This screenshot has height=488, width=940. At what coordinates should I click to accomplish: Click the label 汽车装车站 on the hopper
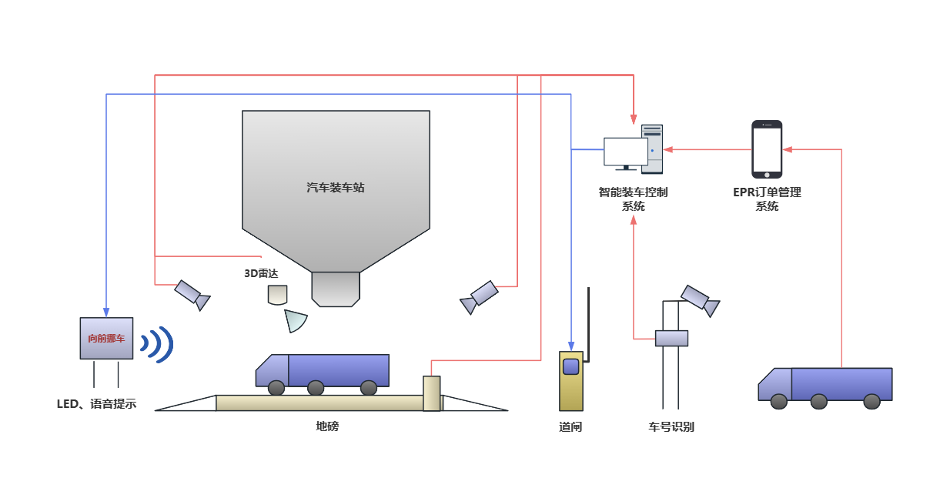click(x=335, y=188)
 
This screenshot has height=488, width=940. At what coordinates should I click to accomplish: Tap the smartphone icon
click(x=767, y=149)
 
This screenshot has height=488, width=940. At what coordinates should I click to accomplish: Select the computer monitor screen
click(x=625, y=151)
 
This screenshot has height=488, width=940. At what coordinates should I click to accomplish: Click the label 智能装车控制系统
click(x=633, y=199)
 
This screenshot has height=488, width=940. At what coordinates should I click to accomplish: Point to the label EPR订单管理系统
click(x=767, y=199)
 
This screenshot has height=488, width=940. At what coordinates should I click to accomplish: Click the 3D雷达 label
click(x=260, y=272)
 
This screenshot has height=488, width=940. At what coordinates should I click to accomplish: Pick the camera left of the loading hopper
click(x=191, y=293)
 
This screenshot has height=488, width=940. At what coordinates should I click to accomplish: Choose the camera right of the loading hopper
click(x=480, y=296)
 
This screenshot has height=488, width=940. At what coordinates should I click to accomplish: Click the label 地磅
click(x=327, y=426)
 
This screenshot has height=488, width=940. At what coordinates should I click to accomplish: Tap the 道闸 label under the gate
click(x=570, y=426)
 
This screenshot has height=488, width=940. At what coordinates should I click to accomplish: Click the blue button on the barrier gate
click(x=570, y=366)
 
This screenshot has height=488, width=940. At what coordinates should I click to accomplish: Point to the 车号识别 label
click(x=671, y=426)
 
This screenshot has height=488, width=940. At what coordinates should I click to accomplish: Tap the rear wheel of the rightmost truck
click(x=871, y=401)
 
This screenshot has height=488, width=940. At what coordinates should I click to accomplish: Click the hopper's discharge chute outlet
click(x=336, y=289)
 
